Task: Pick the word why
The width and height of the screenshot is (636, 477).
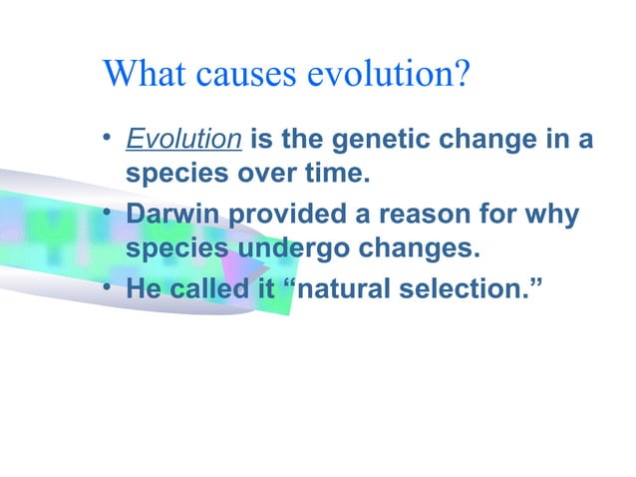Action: point(555,215)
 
